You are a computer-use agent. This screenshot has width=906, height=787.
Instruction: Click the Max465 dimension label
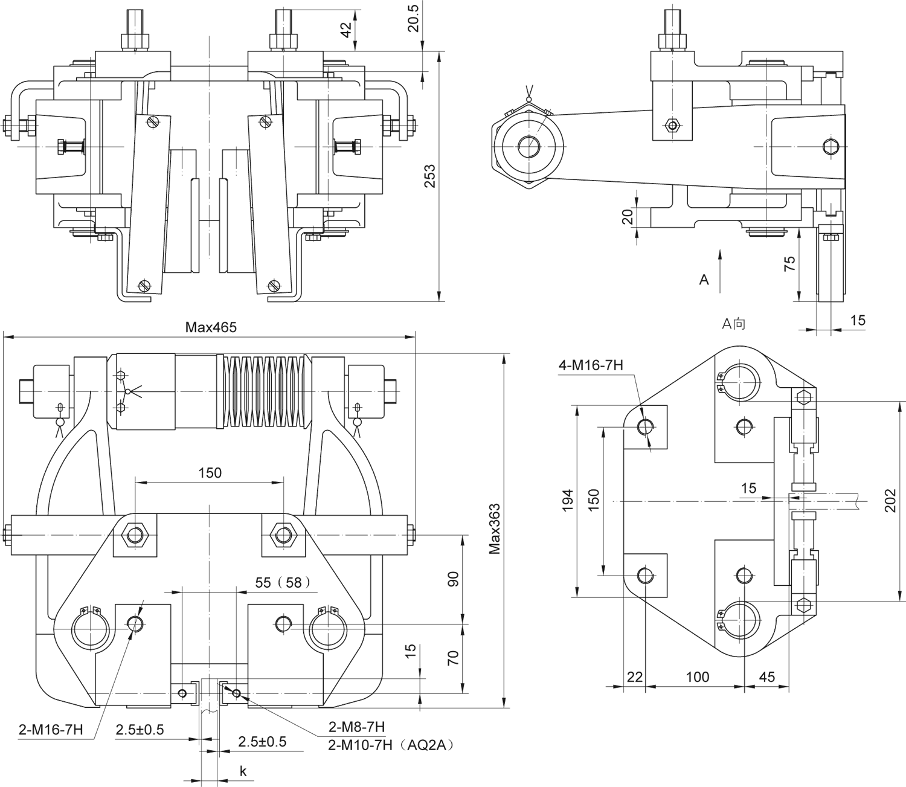point(211,327)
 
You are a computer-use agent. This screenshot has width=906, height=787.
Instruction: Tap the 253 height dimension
point(429,176)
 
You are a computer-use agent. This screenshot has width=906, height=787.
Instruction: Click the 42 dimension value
point(347,29)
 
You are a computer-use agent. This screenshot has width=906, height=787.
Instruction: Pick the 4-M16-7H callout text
point(591,365)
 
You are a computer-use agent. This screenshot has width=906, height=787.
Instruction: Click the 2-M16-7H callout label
point(51,730)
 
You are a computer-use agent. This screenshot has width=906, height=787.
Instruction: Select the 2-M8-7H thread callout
point(356,726)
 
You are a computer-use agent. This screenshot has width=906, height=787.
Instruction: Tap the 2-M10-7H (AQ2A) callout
point(390,745)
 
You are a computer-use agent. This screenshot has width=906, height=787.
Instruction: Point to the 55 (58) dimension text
point(282,582)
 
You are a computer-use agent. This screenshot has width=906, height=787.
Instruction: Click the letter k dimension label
point(243,771)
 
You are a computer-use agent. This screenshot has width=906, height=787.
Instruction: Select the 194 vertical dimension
point(568,501)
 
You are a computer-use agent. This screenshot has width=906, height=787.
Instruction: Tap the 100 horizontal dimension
point(697,676)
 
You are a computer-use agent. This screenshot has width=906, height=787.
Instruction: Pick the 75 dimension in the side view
point(789,263)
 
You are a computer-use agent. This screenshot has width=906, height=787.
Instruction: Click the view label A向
point(734,324)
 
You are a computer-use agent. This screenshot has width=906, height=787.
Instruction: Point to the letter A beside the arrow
point(704,280)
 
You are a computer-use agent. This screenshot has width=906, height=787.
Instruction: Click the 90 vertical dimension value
point(454,578)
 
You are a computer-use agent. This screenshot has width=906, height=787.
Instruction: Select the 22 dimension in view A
point(635,676)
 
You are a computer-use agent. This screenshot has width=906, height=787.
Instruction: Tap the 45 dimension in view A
point(766,676)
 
